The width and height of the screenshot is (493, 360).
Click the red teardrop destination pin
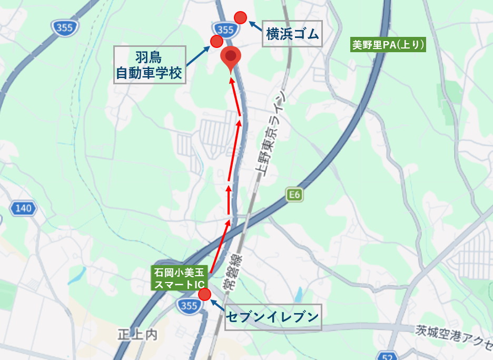click(230, 57)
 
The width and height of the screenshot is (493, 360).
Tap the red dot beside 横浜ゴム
click(240, 17)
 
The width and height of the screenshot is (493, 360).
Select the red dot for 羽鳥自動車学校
click(216, 42)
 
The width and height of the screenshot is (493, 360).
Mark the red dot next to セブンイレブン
click(204, 294)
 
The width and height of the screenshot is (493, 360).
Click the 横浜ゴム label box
click(292, 34)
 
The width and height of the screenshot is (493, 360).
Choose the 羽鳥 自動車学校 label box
click(151, 64)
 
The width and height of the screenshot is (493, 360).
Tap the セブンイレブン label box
click(273, 317)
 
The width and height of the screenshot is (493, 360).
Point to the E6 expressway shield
click(294, 195)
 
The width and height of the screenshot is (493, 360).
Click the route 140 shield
click(24, 209)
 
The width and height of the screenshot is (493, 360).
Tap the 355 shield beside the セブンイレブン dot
click(189, 306)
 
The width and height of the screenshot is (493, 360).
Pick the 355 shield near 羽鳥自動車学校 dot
click(224, 28)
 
